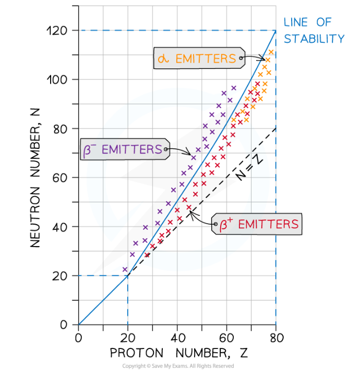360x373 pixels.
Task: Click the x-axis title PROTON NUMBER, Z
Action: coord(178,354)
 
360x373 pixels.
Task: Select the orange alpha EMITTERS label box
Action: coord(198,59)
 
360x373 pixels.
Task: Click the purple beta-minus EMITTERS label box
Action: coord(124,149)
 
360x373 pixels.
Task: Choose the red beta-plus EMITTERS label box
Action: coord(256,225)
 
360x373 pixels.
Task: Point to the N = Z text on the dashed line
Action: coord(249,169)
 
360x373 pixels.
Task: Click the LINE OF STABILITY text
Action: coord(314,30)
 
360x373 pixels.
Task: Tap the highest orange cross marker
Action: coord(271,52)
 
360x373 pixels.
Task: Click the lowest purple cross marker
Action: coord(125,270)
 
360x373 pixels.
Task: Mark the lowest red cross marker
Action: coord(147,255)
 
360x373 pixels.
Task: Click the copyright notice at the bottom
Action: coord(178,366)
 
